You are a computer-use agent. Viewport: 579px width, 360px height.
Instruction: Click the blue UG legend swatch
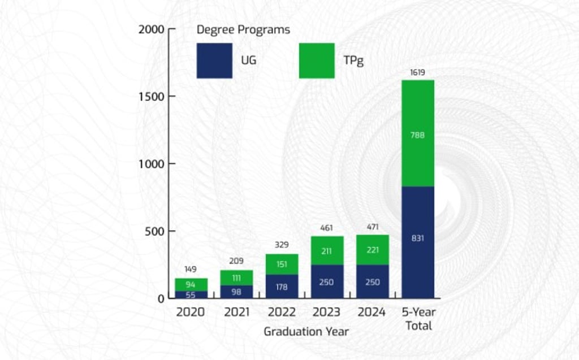[214, 60]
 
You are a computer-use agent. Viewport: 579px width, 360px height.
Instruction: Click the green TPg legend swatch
[316, 60]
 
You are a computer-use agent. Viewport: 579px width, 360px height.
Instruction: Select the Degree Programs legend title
[243, 30]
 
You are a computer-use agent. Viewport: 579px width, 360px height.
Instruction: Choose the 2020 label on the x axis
[191, 312]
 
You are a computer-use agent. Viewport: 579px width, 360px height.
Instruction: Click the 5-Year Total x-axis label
[418, 319]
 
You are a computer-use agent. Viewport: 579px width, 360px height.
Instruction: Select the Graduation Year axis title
[306, 332]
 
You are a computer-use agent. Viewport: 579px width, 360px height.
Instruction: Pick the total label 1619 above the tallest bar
[418, 73]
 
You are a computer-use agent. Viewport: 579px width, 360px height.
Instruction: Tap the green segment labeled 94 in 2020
[191, 284]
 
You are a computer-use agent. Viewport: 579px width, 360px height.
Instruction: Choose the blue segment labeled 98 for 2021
[236, 292]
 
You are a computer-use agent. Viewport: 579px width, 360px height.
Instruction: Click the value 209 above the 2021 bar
[236, 261]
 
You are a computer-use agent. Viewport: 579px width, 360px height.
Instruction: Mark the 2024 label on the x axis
[372, 312]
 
